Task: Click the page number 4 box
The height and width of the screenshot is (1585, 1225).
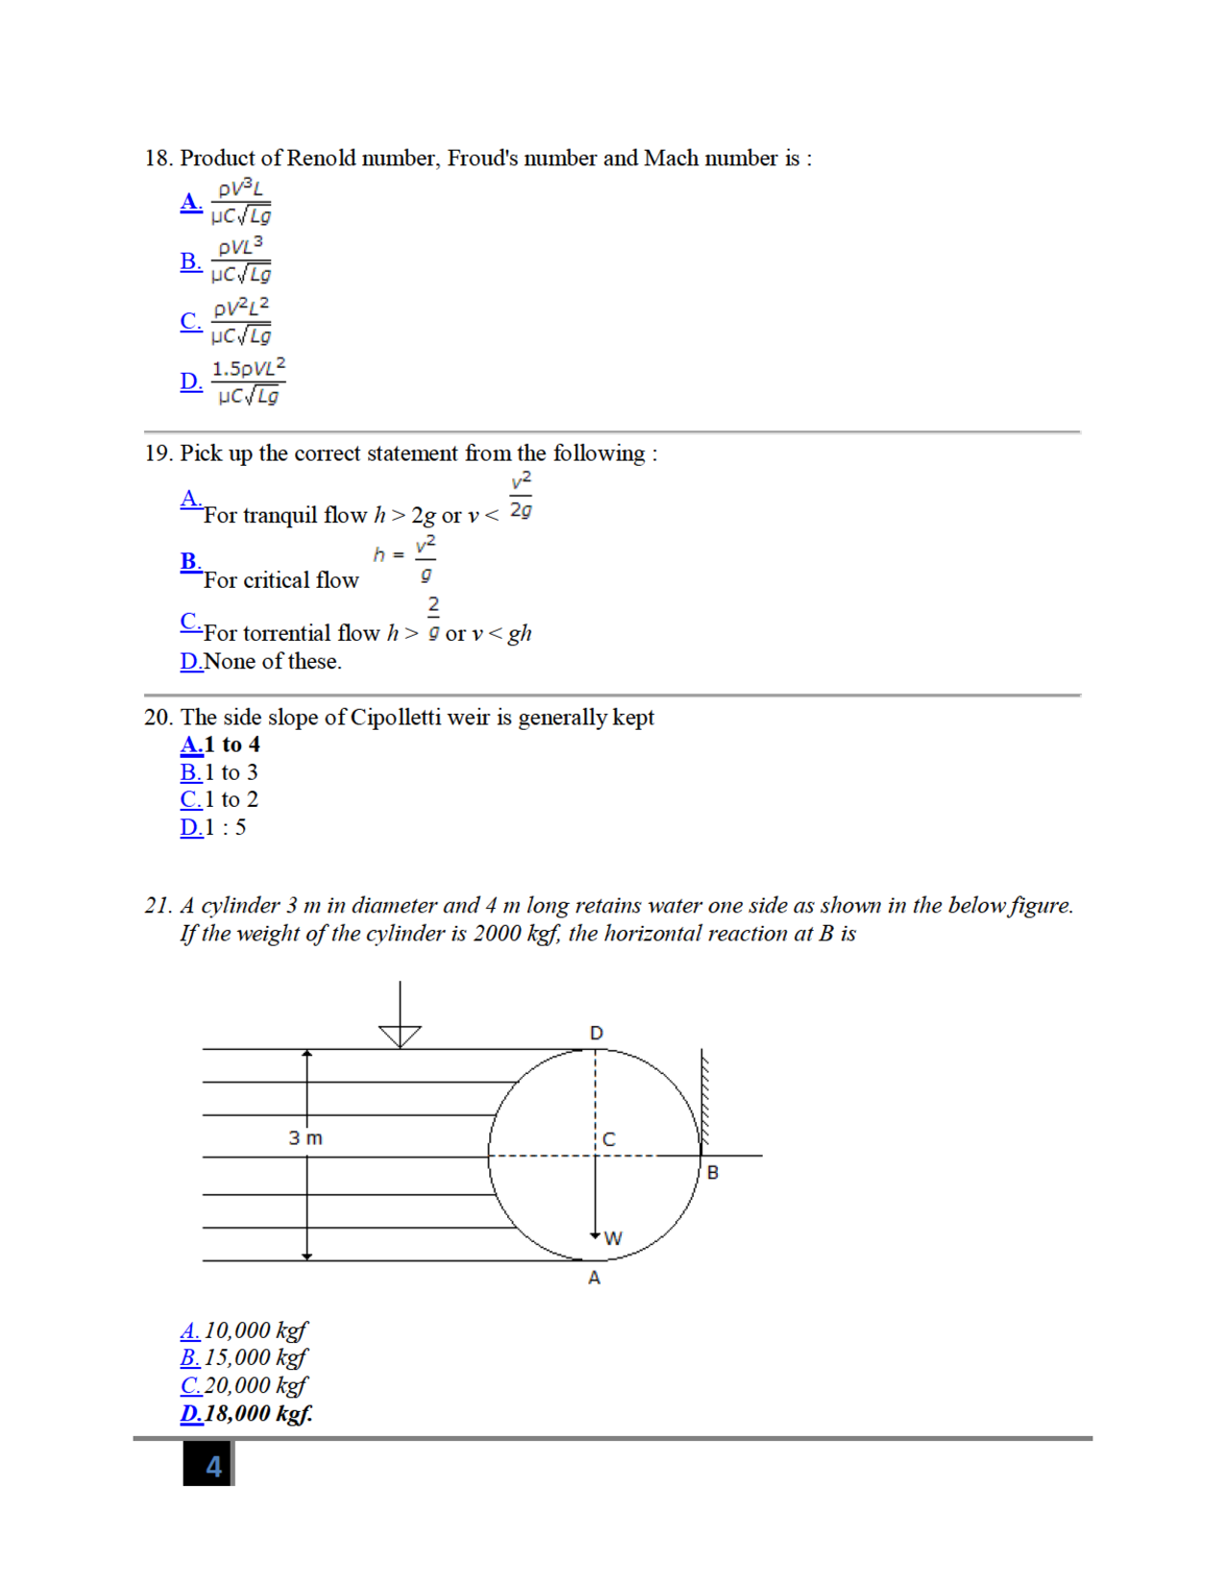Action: click(209, 1465)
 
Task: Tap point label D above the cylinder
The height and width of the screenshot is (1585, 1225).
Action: click(597, 1033)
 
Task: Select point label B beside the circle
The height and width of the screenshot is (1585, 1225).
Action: click(713, 1172)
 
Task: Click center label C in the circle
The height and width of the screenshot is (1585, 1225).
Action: click(609, 1139)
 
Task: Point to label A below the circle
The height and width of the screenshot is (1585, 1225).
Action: click(594, 1278)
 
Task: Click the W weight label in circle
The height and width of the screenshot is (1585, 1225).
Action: click(613, 1238)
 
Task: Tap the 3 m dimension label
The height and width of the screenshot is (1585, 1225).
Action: click(306, 1138)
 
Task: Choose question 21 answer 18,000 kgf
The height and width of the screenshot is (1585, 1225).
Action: click(257, 1413)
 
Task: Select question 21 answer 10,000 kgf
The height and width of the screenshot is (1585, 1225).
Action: click(255, 1330)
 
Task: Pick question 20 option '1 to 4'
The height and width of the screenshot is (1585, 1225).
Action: click(232, 744)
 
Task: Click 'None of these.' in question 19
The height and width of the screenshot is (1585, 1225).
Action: click(273, 662)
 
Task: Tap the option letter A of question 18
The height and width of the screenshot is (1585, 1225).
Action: click(191, 202)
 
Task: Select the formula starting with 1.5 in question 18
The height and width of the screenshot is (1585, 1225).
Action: click(248, 381)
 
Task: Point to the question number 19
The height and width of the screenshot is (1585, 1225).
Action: click(158, 453)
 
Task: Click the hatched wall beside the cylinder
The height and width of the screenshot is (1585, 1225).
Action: click(704, 1100)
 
